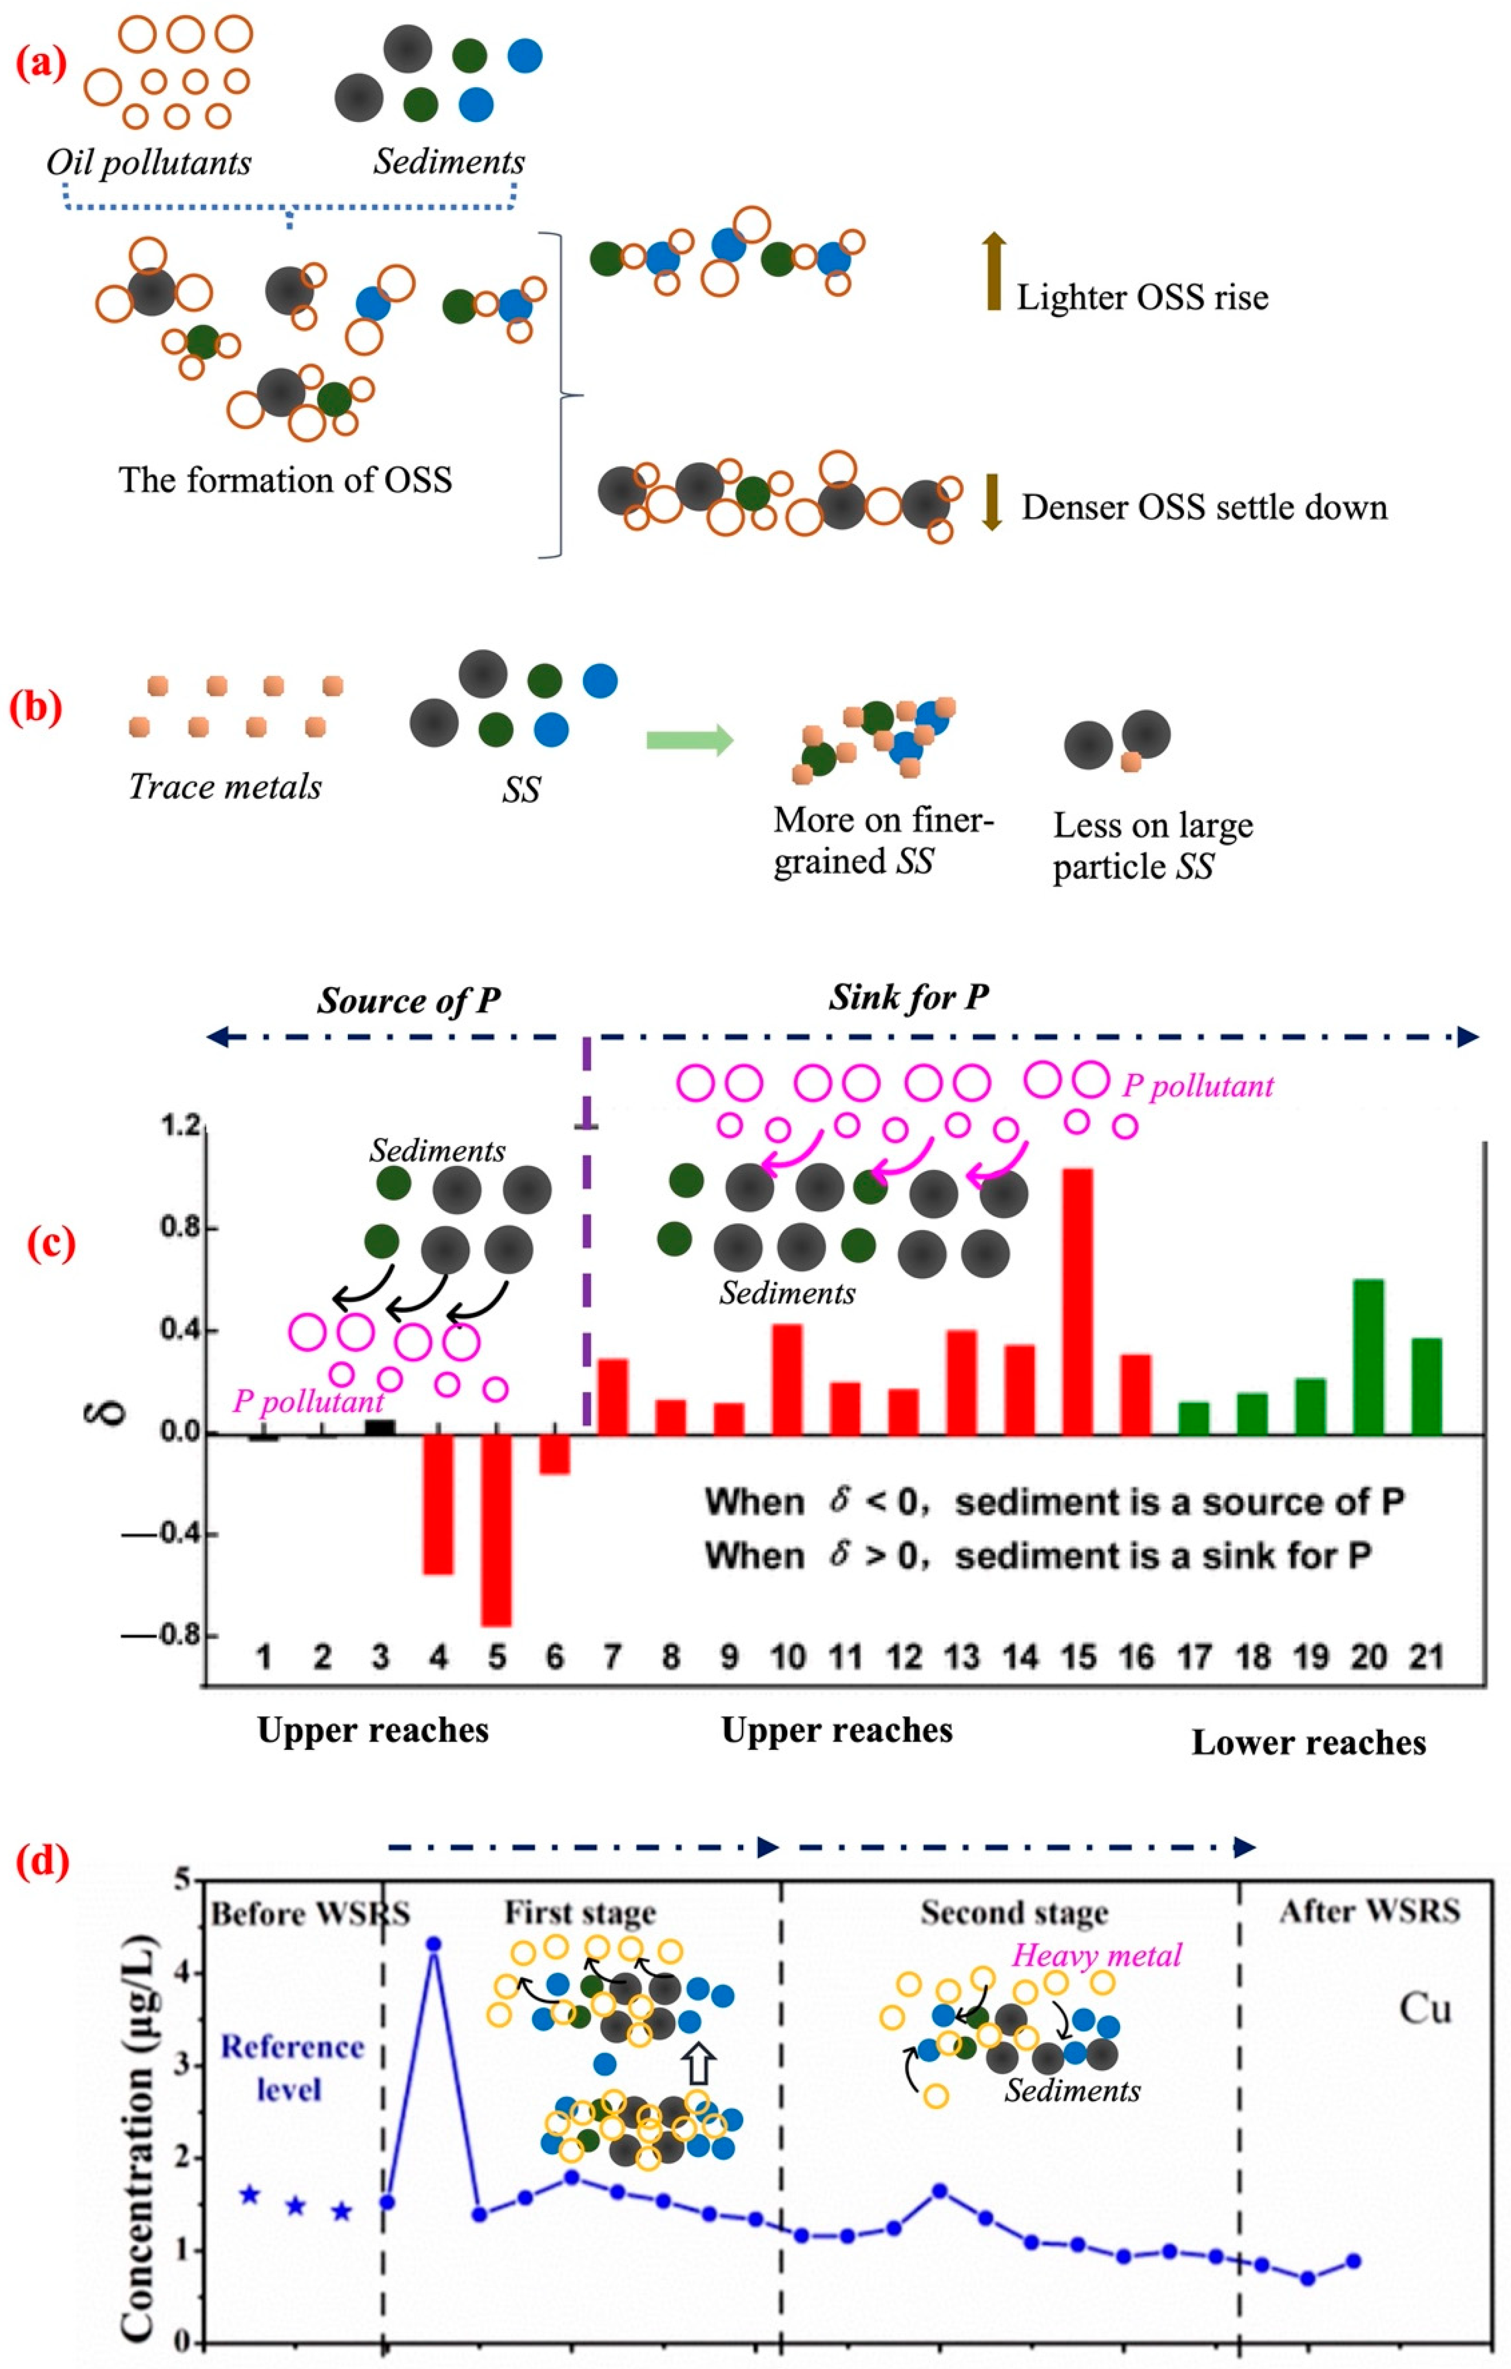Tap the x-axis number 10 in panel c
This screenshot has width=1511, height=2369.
787,1658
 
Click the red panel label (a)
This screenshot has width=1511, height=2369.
41,64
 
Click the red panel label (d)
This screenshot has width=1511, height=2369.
41,1862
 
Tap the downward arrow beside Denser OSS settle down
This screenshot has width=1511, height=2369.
992,502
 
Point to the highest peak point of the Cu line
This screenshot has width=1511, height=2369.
433,1944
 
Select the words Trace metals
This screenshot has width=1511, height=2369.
225,787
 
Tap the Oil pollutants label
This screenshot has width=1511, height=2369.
148,162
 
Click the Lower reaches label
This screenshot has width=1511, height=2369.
1308,1742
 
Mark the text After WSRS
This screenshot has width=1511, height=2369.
1369,1911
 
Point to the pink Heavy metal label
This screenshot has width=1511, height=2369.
1097,1955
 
